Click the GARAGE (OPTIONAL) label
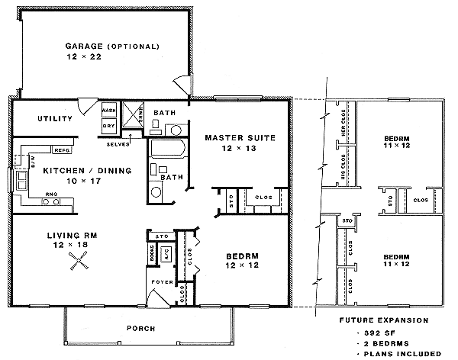(111, 47)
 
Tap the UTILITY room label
(55, 119)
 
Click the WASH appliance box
(109, 111)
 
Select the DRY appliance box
(109, 125)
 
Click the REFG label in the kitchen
(62, 149)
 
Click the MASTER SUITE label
(240, 138)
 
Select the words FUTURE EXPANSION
(389, 320)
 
